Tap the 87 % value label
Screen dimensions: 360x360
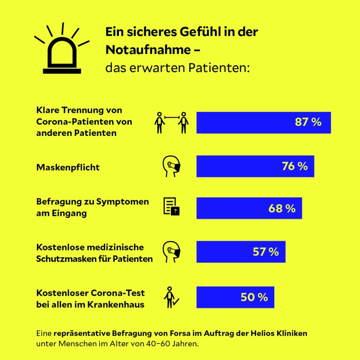308,122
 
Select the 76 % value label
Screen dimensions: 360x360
295,166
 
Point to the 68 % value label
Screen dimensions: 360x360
282,208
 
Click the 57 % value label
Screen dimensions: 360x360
265,252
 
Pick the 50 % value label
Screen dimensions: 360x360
254,297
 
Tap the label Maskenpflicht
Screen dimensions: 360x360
68,167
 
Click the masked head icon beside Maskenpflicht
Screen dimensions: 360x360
171,166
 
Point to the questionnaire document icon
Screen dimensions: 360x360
171,207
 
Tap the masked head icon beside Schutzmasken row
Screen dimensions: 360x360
171,252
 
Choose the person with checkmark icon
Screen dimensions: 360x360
170,297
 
